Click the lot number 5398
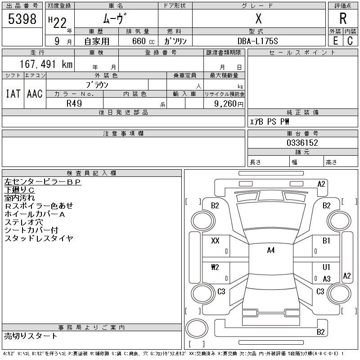(x=22, y=19)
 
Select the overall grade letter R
(x=343, y=18)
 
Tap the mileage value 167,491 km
(x=46, y=64)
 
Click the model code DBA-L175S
(x=257, y=41)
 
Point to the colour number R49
(x=74, y=103)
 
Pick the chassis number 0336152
(x=302, y=143)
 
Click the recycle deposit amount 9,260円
(x=229, y=104)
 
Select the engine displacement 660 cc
(x=143, y=41)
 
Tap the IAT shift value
(x=13, y=94)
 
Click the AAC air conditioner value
(x=35, y=94)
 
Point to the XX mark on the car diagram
(x=215, y=241)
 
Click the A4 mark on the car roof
(x=271, y=250)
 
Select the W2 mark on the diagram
(x=215, y=267)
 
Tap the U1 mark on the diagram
(x=326, y=267)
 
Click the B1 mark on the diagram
(x=326, y=241)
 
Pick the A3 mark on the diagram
(x=327, y=279)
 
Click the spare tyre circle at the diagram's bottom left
(x=197, y=328)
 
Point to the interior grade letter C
(x=350, y=41)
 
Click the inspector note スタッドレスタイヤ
(x=39, y=238)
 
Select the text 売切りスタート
(x=31, y=336)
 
